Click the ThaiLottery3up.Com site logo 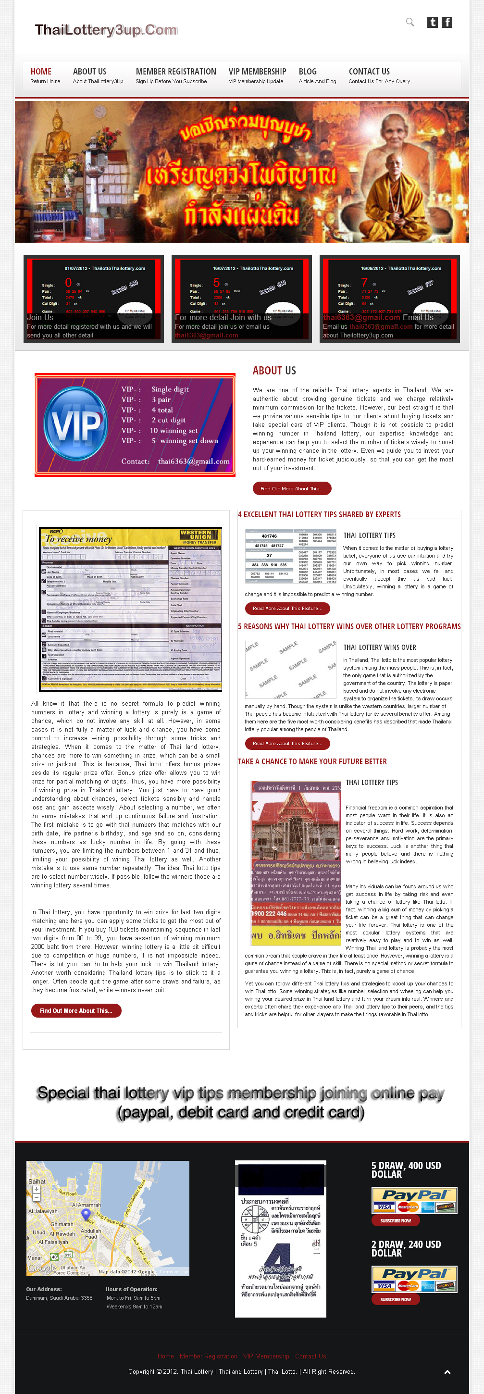[x=106, y=30]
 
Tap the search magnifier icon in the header [x=410, y=22]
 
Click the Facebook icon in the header [x=447, y=22]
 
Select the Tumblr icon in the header [x=432, y=22]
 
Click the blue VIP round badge [x=76, y=425]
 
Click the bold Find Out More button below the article [x=76, y=1011]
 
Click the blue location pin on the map [x=85, y=1214]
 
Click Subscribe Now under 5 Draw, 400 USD [x=395, y=1220]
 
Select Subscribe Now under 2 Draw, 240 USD [x=395, y=1299]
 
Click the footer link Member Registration [x=209, y=1356]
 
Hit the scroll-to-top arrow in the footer [x=447, y=1372]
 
